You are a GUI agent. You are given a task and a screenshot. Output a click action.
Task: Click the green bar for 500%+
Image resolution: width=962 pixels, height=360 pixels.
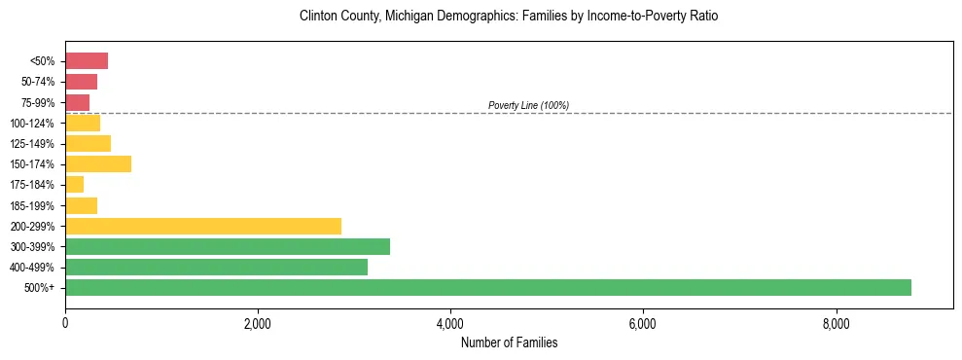pos(487,287)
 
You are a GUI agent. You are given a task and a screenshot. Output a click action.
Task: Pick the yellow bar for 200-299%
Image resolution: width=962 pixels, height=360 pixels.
pos(202,226)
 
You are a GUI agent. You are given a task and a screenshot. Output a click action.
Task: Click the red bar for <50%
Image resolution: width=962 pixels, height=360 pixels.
pos(86,61)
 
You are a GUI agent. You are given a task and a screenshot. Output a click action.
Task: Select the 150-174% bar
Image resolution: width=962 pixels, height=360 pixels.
pos(97,163)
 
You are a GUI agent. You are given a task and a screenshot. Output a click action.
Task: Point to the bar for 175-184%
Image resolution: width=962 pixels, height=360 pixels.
pos(74,184)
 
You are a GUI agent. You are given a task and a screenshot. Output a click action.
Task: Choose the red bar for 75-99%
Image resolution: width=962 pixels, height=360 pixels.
pos(77,102)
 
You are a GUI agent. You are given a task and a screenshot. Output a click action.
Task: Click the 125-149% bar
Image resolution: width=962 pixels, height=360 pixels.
pos(88,143)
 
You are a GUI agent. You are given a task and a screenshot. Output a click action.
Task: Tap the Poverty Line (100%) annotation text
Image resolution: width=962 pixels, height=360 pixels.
pos(528,105)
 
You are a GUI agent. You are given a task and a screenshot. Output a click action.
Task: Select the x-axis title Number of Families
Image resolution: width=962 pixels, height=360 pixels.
pos(509,343)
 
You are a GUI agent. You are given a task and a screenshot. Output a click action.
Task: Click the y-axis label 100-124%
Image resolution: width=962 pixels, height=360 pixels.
pos(32,124)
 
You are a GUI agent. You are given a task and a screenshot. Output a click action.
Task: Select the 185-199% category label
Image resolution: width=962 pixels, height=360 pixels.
pos(32,205)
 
